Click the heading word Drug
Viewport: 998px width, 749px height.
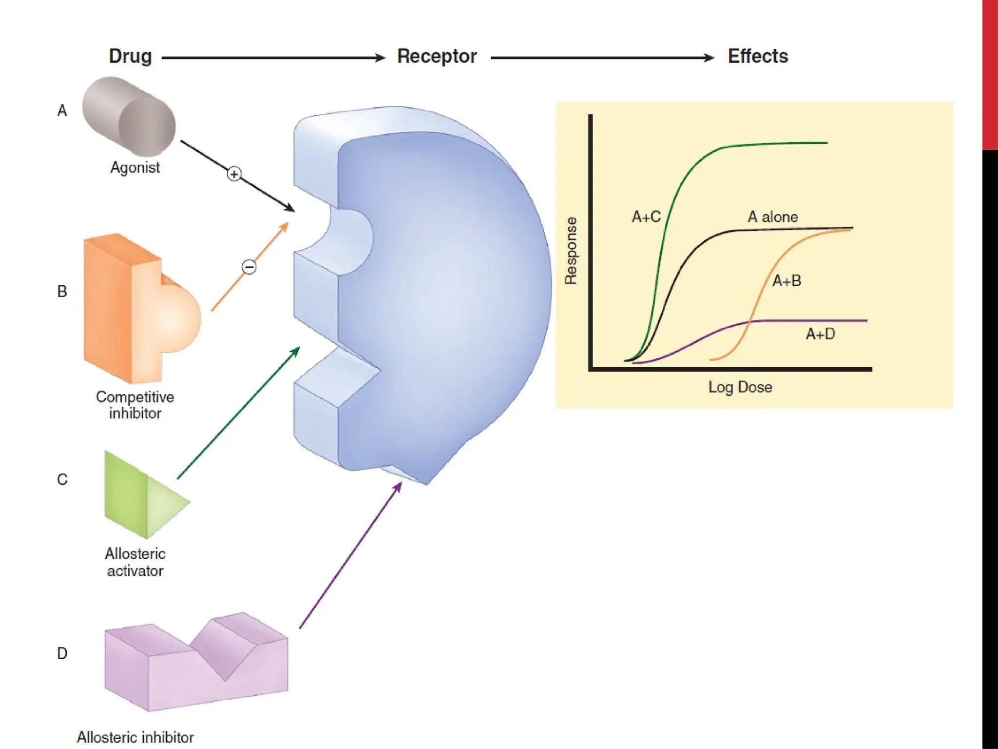tap(130, 57)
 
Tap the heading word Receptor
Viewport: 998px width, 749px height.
tap(437, 57)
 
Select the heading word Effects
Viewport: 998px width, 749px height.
tap(758, 57)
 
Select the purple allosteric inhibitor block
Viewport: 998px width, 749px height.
tap(195, 663)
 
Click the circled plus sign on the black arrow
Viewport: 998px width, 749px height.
tap(234, 174)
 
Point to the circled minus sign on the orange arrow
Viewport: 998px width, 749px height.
tap(249, 267)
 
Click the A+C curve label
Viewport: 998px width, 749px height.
tap(646, 217)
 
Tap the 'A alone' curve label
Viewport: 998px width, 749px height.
tap(773, 217)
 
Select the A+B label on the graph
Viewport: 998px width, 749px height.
tap(787, 281)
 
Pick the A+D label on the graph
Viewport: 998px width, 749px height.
tap(820, 334)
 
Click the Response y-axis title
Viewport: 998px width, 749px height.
tap(571, 251)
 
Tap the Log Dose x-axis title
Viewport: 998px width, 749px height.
tap(740, 387)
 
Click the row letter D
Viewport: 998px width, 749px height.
tap(62, 653)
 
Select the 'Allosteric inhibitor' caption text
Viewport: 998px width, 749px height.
tap(135, 737)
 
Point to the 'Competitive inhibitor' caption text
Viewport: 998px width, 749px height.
tap(135, 405)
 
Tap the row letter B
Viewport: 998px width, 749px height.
tap(62, 292)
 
